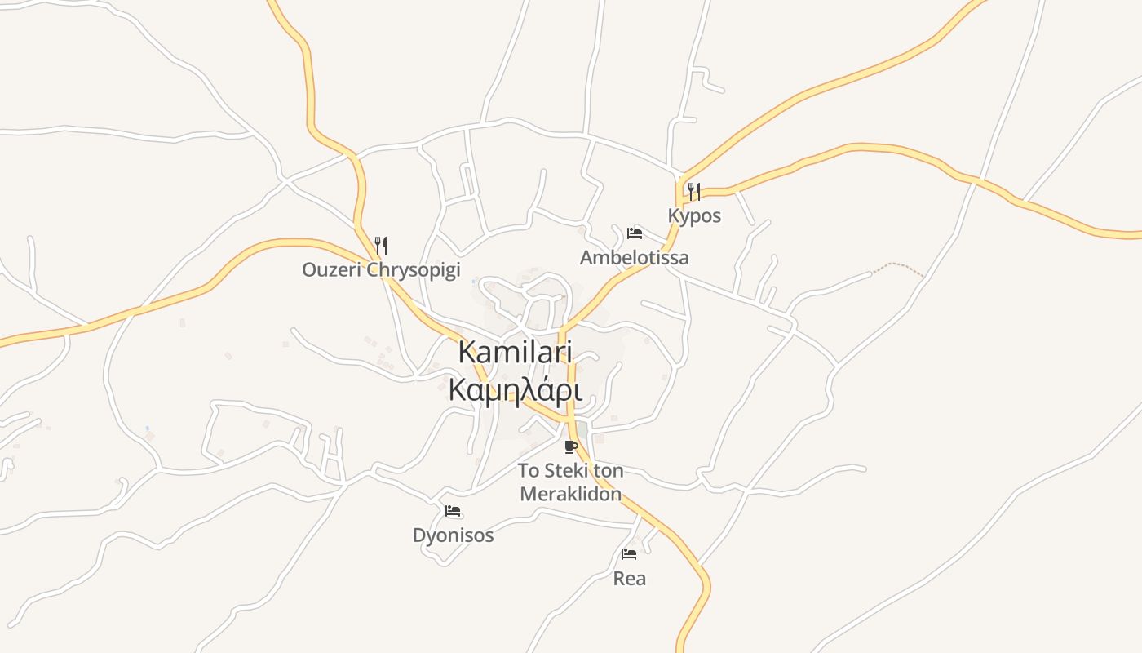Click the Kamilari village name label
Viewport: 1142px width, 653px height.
(516, 353)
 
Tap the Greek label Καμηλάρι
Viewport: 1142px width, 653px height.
(516, 390)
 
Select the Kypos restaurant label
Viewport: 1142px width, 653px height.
(694, 216)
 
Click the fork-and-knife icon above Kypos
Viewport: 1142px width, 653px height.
(694, 192)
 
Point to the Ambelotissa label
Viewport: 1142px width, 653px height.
(634, 258)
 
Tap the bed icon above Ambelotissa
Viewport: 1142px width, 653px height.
(635, 233)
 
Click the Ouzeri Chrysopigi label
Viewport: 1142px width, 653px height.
(381, 270)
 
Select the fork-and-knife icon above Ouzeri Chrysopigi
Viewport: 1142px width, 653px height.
(380, 244)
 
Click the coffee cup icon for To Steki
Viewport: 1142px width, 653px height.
(571, 446)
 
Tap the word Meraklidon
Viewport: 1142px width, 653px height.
(570, 494)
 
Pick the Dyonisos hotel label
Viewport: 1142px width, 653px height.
(453, 536)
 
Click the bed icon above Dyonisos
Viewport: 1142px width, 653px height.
(454, 512)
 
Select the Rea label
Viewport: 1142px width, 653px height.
(629, 579)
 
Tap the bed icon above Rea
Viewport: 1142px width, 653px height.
(629, 554)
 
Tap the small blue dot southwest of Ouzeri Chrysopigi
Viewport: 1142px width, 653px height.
(147, 428)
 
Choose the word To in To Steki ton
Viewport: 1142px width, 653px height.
(530, 471)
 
